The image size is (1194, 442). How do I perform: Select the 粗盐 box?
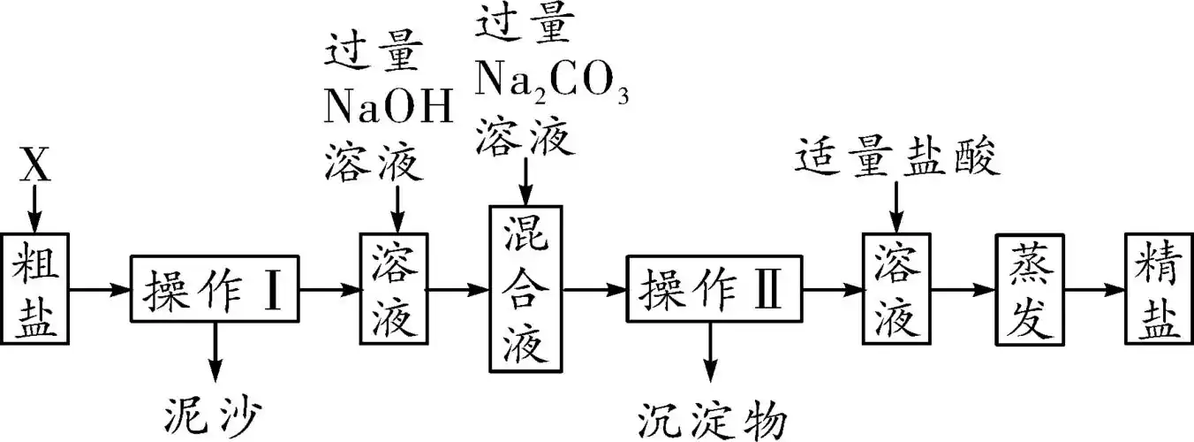click(36, 289)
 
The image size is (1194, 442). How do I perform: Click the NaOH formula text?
click(389, 107)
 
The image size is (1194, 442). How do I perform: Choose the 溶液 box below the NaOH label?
click(394, 289)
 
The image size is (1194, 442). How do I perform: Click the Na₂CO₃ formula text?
click(552, 82)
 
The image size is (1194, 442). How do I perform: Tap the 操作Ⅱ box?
click(713, 289)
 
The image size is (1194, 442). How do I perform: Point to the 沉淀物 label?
click(712, 417)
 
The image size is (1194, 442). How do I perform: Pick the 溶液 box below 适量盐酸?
click(896, 289)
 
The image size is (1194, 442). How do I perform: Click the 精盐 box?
click(1159, 289)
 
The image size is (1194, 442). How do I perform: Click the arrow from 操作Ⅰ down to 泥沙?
click(215, 354)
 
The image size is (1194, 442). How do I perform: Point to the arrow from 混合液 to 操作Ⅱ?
click(593, 289)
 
